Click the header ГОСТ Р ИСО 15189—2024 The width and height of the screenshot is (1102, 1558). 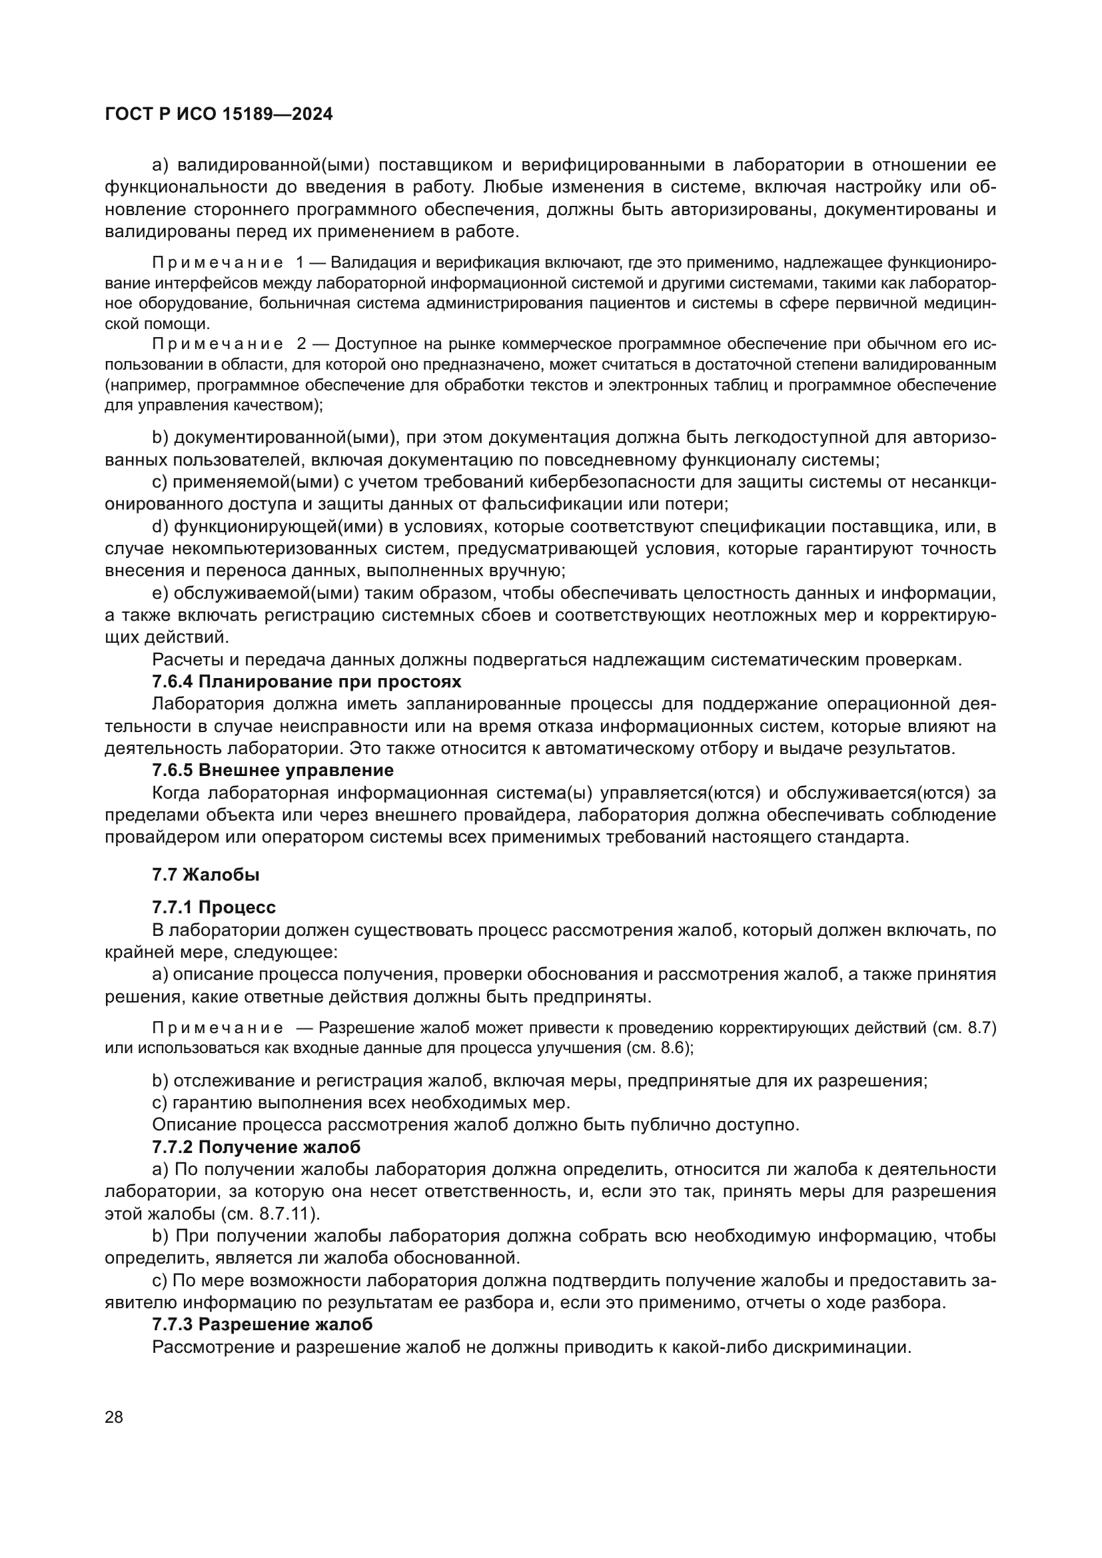(x=219, y=115)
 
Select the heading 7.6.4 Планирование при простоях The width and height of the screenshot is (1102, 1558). (x=306, y=681)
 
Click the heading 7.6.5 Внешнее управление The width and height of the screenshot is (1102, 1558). (x=273, y=770)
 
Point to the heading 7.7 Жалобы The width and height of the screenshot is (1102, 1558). (x=206, y=875)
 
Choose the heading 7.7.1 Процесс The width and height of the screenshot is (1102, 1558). (x=214, y=907)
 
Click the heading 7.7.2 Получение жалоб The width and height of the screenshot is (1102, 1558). (x=256, y=1148)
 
